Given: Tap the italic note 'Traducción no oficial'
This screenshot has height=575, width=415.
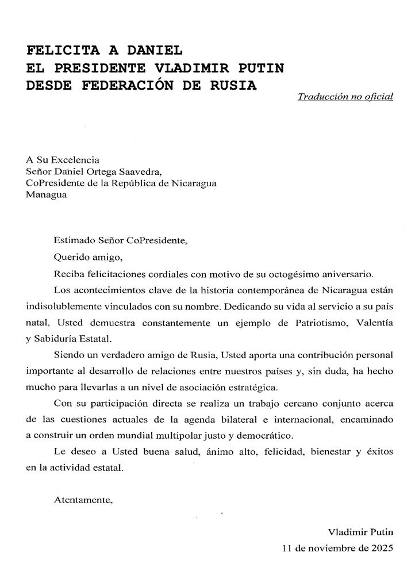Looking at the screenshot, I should click(x=345, y=97).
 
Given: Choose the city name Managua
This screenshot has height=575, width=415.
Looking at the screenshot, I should click(x=46, y=194).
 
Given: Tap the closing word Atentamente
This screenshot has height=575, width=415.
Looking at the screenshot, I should click(x=83, y=500).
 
